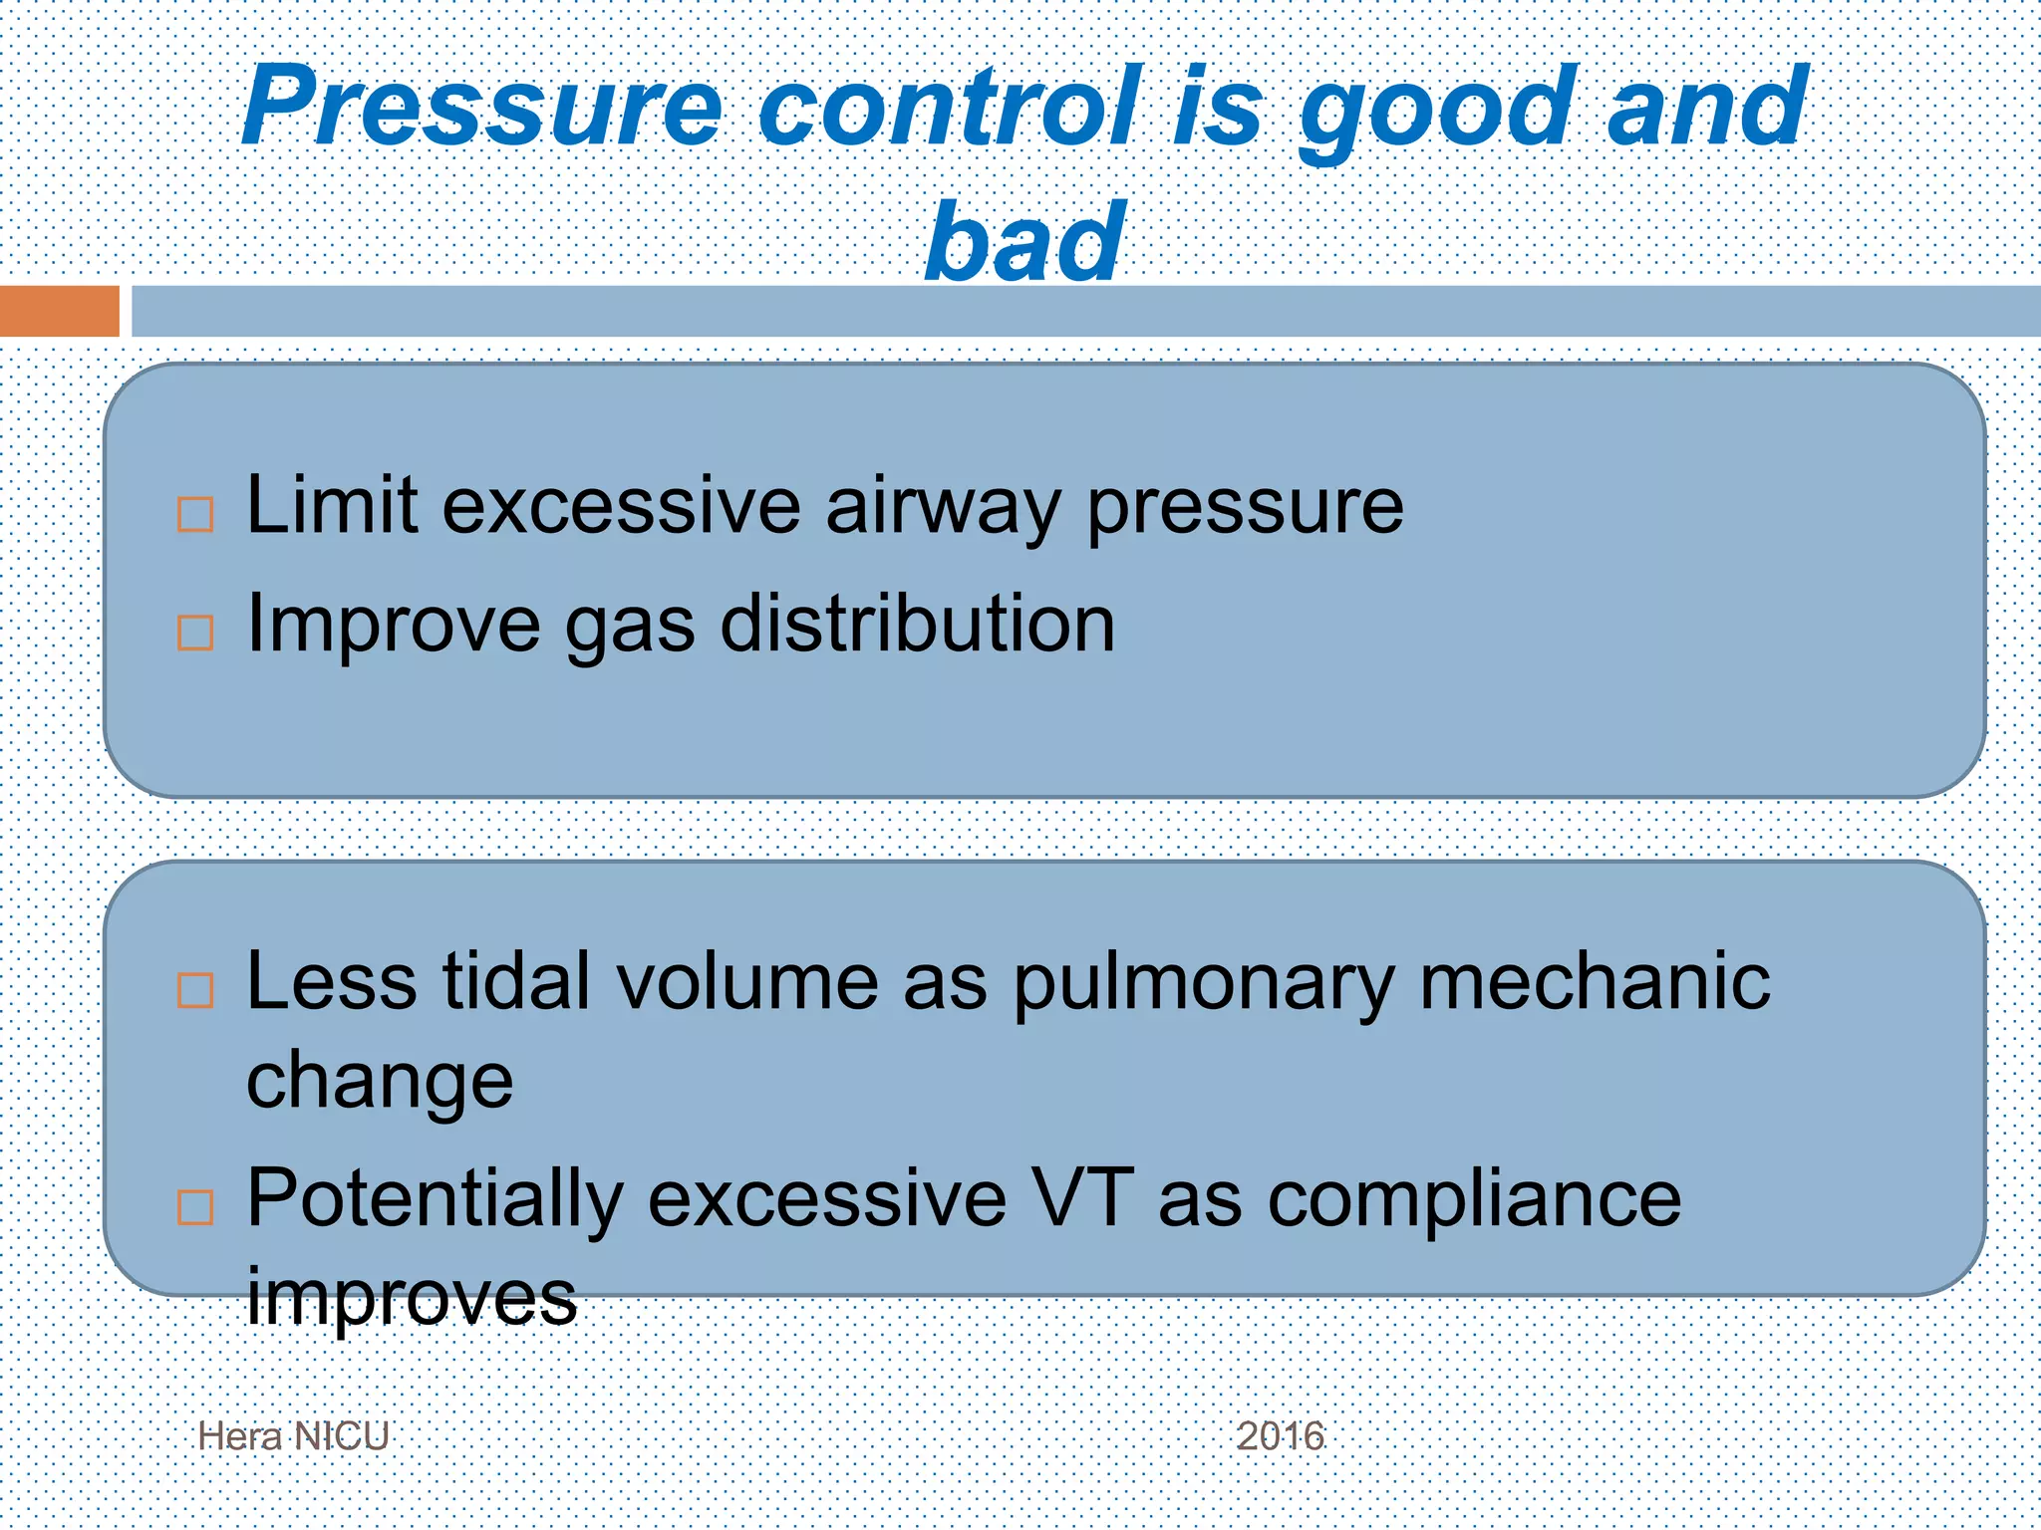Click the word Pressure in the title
click(x=482, y=107)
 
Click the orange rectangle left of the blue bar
click(x=59, y=312)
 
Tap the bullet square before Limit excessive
click(x=195, y=515)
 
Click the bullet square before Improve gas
click(x=195, y=633)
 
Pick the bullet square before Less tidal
click(x=195, y=991)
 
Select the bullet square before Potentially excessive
click(x=195, y=1207)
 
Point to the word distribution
click(x=917, y=625)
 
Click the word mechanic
click(x=1595, y=982)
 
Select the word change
click(x=380, y=1084)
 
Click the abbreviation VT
click(x=1082, y=1198)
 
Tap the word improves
click(x=412, y=1298)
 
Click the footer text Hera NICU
click(x=293, y=1436)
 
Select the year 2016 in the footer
click(x=1281, y=1436)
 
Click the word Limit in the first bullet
click(x=332, y=506)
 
